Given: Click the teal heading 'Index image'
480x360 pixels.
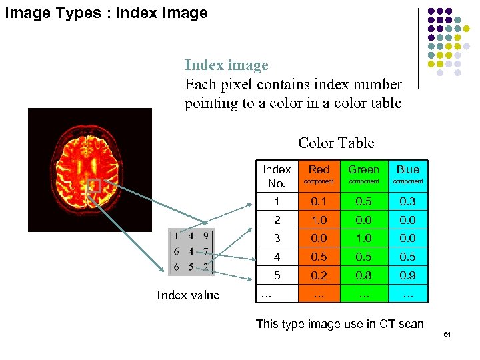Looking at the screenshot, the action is [226, 65].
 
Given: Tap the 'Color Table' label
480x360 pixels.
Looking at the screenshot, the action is [336, 143].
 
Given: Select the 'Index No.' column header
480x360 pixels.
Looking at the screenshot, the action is [277, 176].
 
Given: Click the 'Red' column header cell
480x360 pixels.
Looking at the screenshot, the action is [319, 175].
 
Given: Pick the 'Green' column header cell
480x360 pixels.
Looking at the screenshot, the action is [363, 175].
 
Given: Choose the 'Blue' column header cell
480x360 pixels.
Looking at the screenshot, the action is [408, 175].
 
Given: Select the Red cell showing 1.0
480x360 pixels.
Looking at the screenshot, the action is [319, 220].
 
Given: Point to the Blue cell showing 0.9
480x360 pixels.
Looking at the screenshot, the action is [408, 275].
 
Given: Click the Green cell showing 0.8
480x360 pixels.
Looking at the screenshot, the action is [363, 275].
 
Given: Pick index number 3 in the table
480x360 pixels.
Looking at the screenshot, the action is [277, 238].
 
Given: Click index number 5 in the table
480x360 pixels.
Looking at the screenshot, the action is [277, 275].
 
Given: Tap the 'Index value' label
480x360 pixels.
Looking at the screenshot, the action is [187, 295].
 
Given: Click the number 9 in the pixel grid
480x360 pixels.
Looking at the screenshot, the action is [206, 235].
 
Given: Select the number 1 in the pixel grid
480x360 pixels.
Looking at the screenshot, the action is [176, 235].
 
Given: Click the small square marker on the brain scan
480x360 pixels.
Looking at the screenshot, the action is [93, 186].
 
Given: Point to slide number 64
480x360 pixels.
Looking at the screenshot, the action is [447, 334].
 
